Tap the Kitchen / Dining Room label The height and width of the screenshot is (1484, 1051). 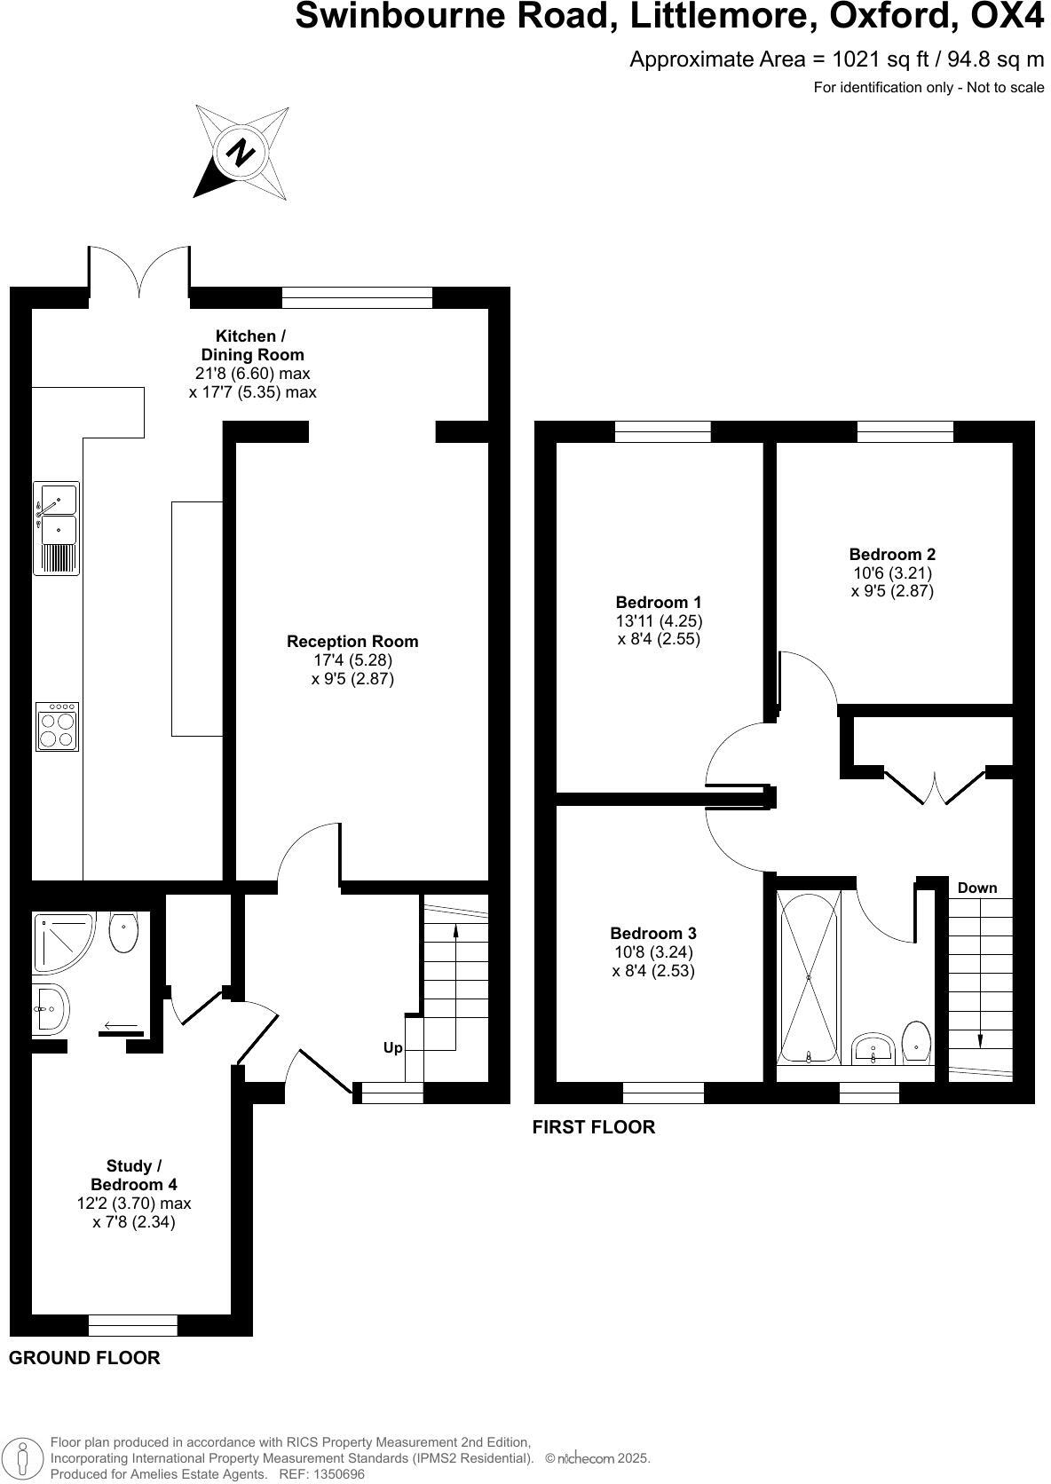(251, 345)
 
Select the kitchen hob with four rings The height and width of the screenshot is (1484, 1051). (57, 727)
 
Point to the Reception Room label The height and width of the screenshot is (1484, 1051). (352, 641)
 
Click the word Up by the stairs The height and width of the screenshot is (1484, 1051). (392, 1048)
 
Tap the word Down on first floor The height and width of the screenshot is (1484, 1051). (976, 888)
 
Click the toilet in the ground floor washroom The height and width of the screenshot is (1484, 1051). (123, 932)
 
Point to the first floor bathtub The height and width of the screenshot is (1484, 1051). (809, 976)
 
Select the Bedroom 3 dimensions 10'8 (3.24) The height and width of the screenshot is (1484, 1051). (653, 952)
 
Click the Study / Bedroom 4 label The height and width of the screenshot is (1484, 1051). (134, 1175)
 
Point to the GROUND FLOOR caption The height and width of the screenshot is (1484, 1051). (84, 1357)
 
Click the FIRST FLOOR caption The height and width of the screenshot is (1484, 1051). (593, 1127)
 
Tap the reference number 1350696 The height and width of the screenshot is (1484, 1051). (336, 1474)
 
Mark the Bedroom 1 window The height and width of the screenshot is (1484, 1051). (662, 432)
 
